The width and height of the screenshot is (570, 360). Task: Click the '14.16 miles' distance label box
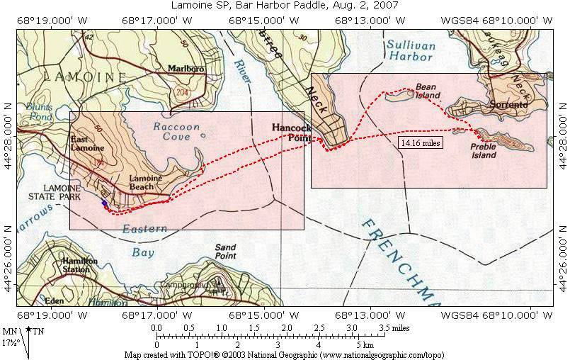(x=421, y=142)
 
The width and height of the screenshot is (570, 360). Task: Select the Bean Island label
(x=428, y=91)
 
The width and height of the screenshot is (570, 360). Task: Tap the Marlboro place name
(x=186, y=69)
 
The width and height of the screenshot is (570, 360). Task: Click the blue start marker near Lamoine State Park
(x=105, y=203)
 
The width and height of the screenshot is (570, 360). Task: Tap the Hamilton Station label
(x=79, y=265)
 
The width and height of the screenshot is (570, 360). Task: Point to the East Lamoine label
(x=88, y=144)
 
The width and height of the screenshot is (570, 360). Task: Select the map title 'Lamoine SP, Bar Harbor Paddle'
(x=285, y=6)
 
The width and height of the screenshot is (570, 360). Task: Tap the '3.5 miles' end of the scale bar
(x=393, y=328)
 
